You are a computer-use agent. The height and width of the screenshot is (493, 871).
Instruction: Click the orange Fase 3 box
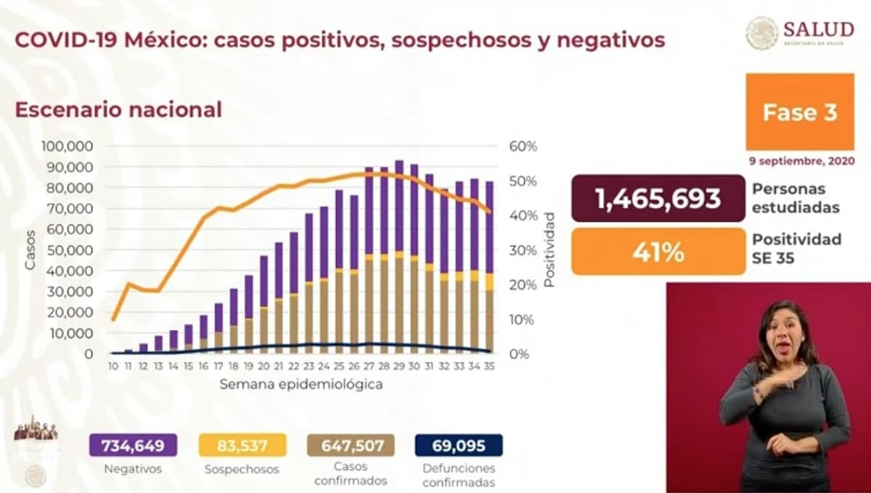pyautogui.click(x=800, y=112)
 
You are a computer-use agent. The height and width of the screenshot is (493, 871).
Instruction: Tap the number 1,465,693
pyautogui.click(x=658, y=199)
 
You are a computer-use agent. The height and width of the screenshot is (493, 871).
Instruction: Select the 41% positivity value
pyautogui.click(x=658, y=252)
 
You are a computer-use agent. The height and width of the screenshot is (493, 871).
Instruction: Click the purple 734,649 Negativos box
pyautogui.click(x=133, y=445)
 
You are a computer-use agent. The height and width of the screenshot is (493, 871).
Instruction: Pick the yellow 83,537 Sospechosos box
pyautogui.click(x=242, y=445)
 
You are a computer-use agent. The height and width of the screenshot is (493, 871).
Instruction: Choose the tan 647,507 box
pyautogui.click(x=351, y=445)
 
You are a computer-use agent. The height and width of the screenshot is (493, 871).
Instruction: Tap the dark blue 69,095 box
pyautogui.click(x=459, y=445)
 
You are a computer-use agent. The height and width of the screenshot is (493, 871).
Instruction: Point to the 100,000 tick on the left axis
pyautogui.click(x=68, y=146)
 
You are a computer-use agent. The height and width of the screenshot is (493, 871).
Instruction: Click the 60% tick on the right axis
pyautogui.click(x=523, y=146)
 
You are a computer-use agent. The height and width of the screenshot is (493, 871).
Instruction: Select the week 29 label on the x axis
pyautogui.click(x=398, y=368)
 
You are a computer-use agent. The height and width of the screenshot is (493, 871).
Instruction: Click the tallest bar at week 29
pyautogui.click(x=399, y=254)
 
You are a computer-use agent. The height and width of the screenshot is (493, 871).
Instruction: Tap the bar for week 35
pyautogui.click(x=490, y=268)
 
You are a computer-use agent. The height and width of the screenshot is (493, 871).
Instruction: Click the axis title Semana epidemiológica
pyautogui.click(x=300, y=385)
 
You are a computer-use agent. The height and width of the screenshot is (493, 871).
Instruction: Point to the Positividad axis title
pyautogui.click(x=549, y=249)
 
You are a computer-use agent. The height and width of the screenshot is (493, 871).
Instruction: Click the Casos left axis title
pyautogui.click(x=30, y=249)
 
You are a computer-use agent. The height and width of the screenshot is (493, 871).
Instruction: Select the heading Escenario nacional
pyautogui.click(x=118, y=110)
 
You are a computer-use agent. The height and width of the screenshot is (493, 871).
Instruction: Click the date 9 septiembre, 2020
pyautogui.click(x=801, y=160)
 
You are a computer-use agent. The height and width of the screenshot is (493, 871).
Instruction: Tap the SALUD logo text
pyautogui.click(x=818, y=29)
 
